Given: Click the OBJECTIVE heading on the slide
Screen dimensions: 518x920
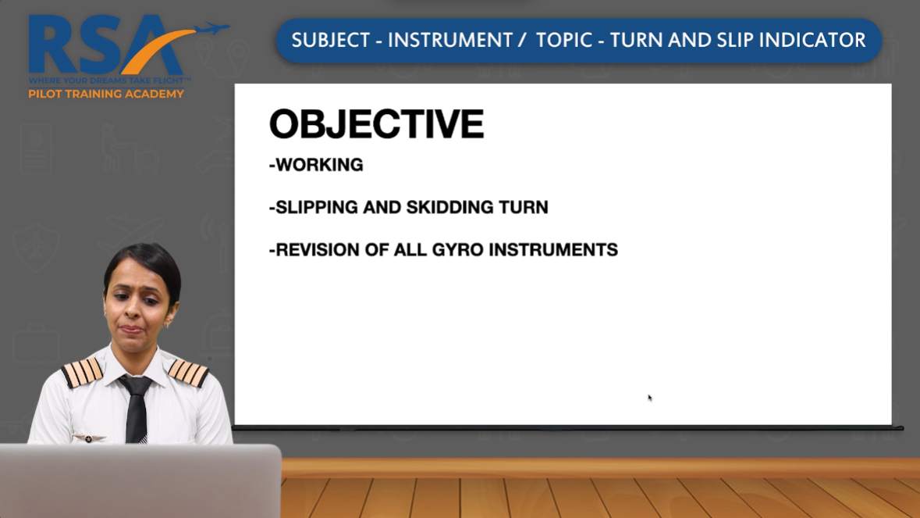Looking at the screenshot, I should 376,125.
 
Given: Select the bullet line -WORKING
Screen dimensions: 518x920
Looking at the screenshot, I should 316,165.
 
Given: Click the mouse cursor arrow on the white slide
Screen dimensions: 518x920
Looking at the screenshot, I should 649,398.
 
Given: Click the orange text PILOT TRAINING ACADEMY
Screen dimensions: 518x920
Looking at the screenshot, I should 106,94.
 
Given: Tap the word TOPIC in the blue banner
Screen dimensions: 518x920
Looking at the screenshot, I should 563,41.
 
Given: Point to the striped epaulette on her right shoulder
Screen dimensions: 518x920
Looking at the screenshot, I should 82,372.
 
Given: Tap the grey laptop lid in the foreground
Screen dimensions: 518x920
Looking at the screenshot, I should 140,480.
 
